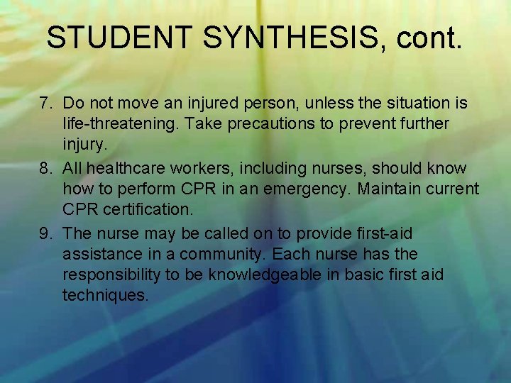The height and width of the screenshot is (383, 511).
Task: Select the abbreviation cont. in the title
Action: click(x=430, y=38)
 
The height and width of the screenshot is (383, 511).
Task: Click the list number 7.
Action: click(x=47, y=104)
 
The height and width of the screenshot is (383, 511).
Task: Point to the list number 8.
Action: click(x=47, y=169)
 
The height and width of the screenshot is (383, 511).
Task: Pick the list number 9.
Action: click(x=47, y=234)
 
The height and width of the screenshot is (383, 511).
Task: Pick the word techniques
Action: click(x=106, y=295)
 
